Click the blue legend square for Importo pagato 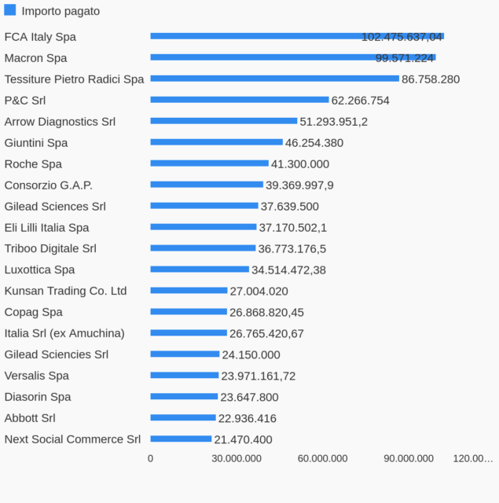pyautogui.click(x=10, y=10)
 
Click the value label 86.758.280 pyautogui.click(x=431, y=79)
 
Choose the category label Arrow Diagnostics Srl pyautogui.click(x=60, y=122)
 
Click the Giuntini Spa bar pyautogui.click(x=216, y=142)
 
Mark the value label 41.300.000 pyautogui.click(x=300, y=164)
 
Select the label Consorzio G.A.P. pyautogui.click(x=49, y=185)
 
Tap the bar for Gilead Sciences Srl pyautogui.click(x=204, y=206)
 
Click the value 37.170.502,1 pyautogui.click(x=293, y=228)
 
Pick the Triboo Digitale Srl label pyautogui.click(x=50, y=249)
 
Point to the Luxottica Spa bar pyautogui.click(x=200, y=270)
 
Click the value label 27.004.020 pyautogui.click(x=259, y=292)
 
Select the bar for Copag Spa pyautogui.click(x=189, y=312)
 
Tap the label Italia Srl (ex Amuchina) pyautogui.click(x=64, y=333)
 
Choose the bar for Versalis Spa pyautogui.click(x=185, y=376)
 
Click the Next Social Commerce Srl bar pyautogui.click(x=181, y=439)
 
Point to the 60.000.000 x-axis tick pyautogui.click(x=322, y=459)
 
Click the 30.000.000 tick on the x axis pyautogui.click(x=237, y=459)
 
